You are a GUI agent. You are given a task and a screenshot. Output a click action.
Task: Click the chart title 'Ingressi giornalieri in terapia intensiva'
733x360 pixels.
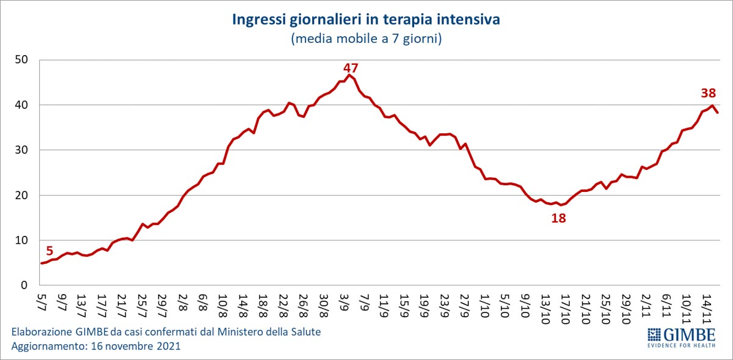pos(366,20)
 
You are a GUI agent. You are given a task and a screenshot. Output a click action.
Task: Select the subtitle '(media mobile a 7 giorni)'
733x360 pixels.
pos(366,39)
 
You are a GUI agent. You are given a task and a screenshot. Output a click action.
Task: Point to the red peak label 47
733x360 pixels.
pos(350,68)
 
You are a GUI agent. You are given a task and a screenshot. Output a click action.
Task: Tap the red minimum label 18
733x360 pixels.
pos(558,218)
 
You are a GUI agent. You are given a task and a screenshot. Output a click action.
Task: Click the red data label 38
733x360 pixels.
pos(708,94)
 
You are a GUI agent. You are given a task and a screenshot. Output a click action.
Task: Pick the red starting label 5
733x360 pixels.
pos(49,251)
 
